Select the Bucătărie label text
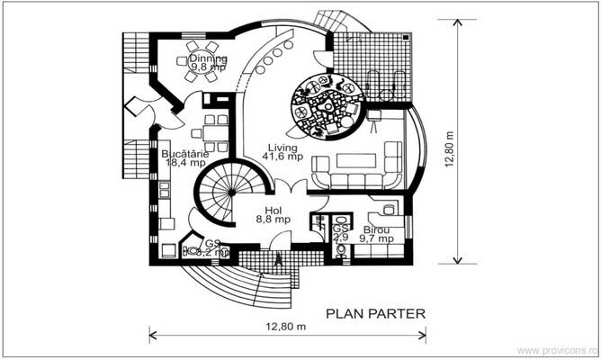(x=185, y=154)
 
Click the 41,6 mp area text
(x=281, y=157)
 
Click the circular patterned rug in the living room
(x=326, y=108)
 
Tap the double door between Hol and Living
(x=287, y=190)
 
